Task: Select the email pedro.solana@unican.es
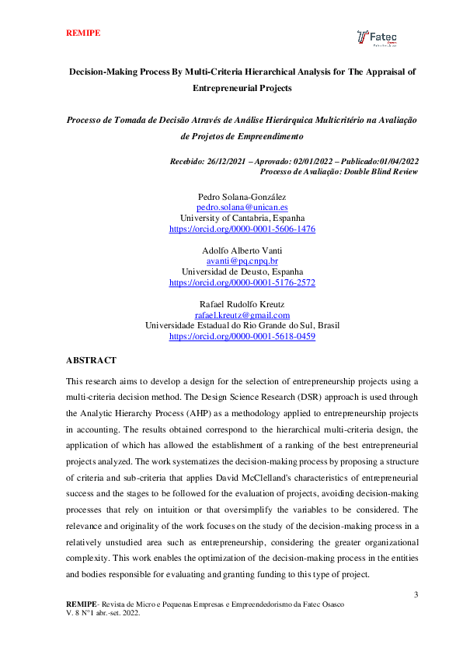pos(242,208)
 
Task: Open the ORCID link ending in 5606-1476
pos(242,229)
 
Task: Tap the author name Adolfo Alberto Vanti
pos(242,250)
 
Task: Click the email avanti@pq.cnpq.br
pos(242,261)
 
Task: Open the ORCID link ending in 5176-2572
pos(242,283)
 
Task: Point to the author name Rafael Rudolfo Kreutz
pos(242,304)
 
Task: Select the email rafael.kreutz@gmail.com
pos(242,315)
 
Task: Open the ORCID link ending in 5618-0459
pos(242,337)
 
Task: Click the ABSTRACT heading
pos(91,361)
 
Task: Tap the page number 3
pos(416,595)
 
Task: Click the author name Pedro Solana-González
pos(242,197)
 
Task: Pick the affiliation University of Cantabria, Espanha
pos(242,219)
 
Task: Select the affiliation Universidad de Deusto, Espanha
pos(242,272)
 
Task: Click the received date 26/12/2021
pos(228,161)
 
